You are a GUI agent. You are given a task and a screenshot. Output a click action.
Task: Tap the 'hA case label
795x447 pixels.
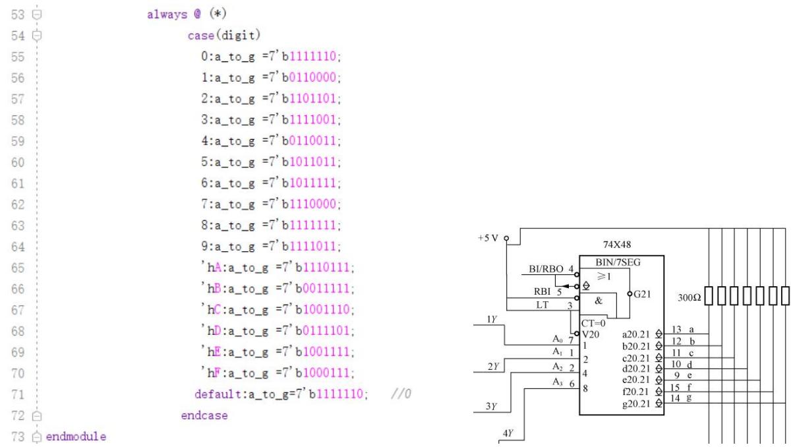(212, 268)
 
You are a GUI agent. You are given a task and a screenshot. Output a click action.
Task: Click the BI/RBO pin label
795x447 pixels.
(546, 269)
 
